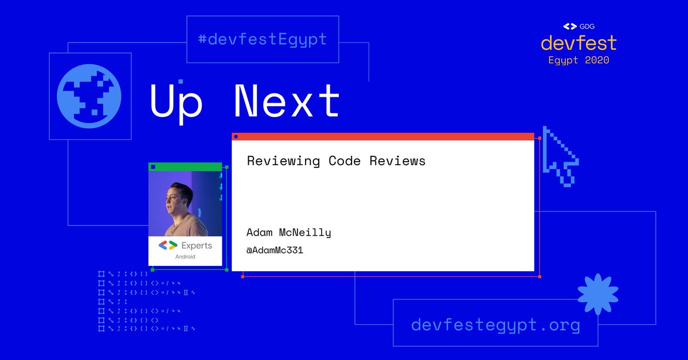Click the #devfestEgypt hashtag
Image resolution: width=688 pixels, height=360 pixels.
263,40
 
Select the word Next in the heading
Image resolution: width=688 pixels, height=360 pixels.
286,102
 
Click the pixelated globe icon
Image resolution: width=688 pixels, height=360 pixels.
89,96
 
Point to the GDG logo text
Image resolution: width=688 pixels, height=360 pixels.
585,26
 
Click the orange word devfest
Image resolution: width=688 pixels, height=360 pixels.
578,43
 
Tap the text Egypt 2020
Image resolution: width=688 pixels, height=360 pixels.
578,60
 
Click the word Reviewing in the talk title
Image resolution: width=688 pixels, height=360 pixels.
283,161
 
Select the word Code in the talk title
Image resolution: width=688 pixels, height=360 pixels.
345,161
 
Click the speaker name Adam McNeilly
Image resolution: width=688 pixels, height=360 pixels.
288,232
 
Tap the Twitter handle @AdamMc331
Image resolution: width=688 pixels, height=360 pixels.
275,250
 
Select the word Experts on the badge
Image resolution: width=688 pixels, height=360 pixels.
197,245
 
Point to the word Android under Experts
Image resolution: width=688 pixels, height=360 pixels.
185,257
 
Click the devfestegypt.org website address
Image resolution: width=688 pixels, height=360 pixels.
495,326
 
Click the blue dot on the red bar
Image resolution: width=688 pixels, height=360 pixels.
236,136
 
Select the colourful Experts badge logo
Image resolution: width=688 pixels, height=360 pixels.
168,245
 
